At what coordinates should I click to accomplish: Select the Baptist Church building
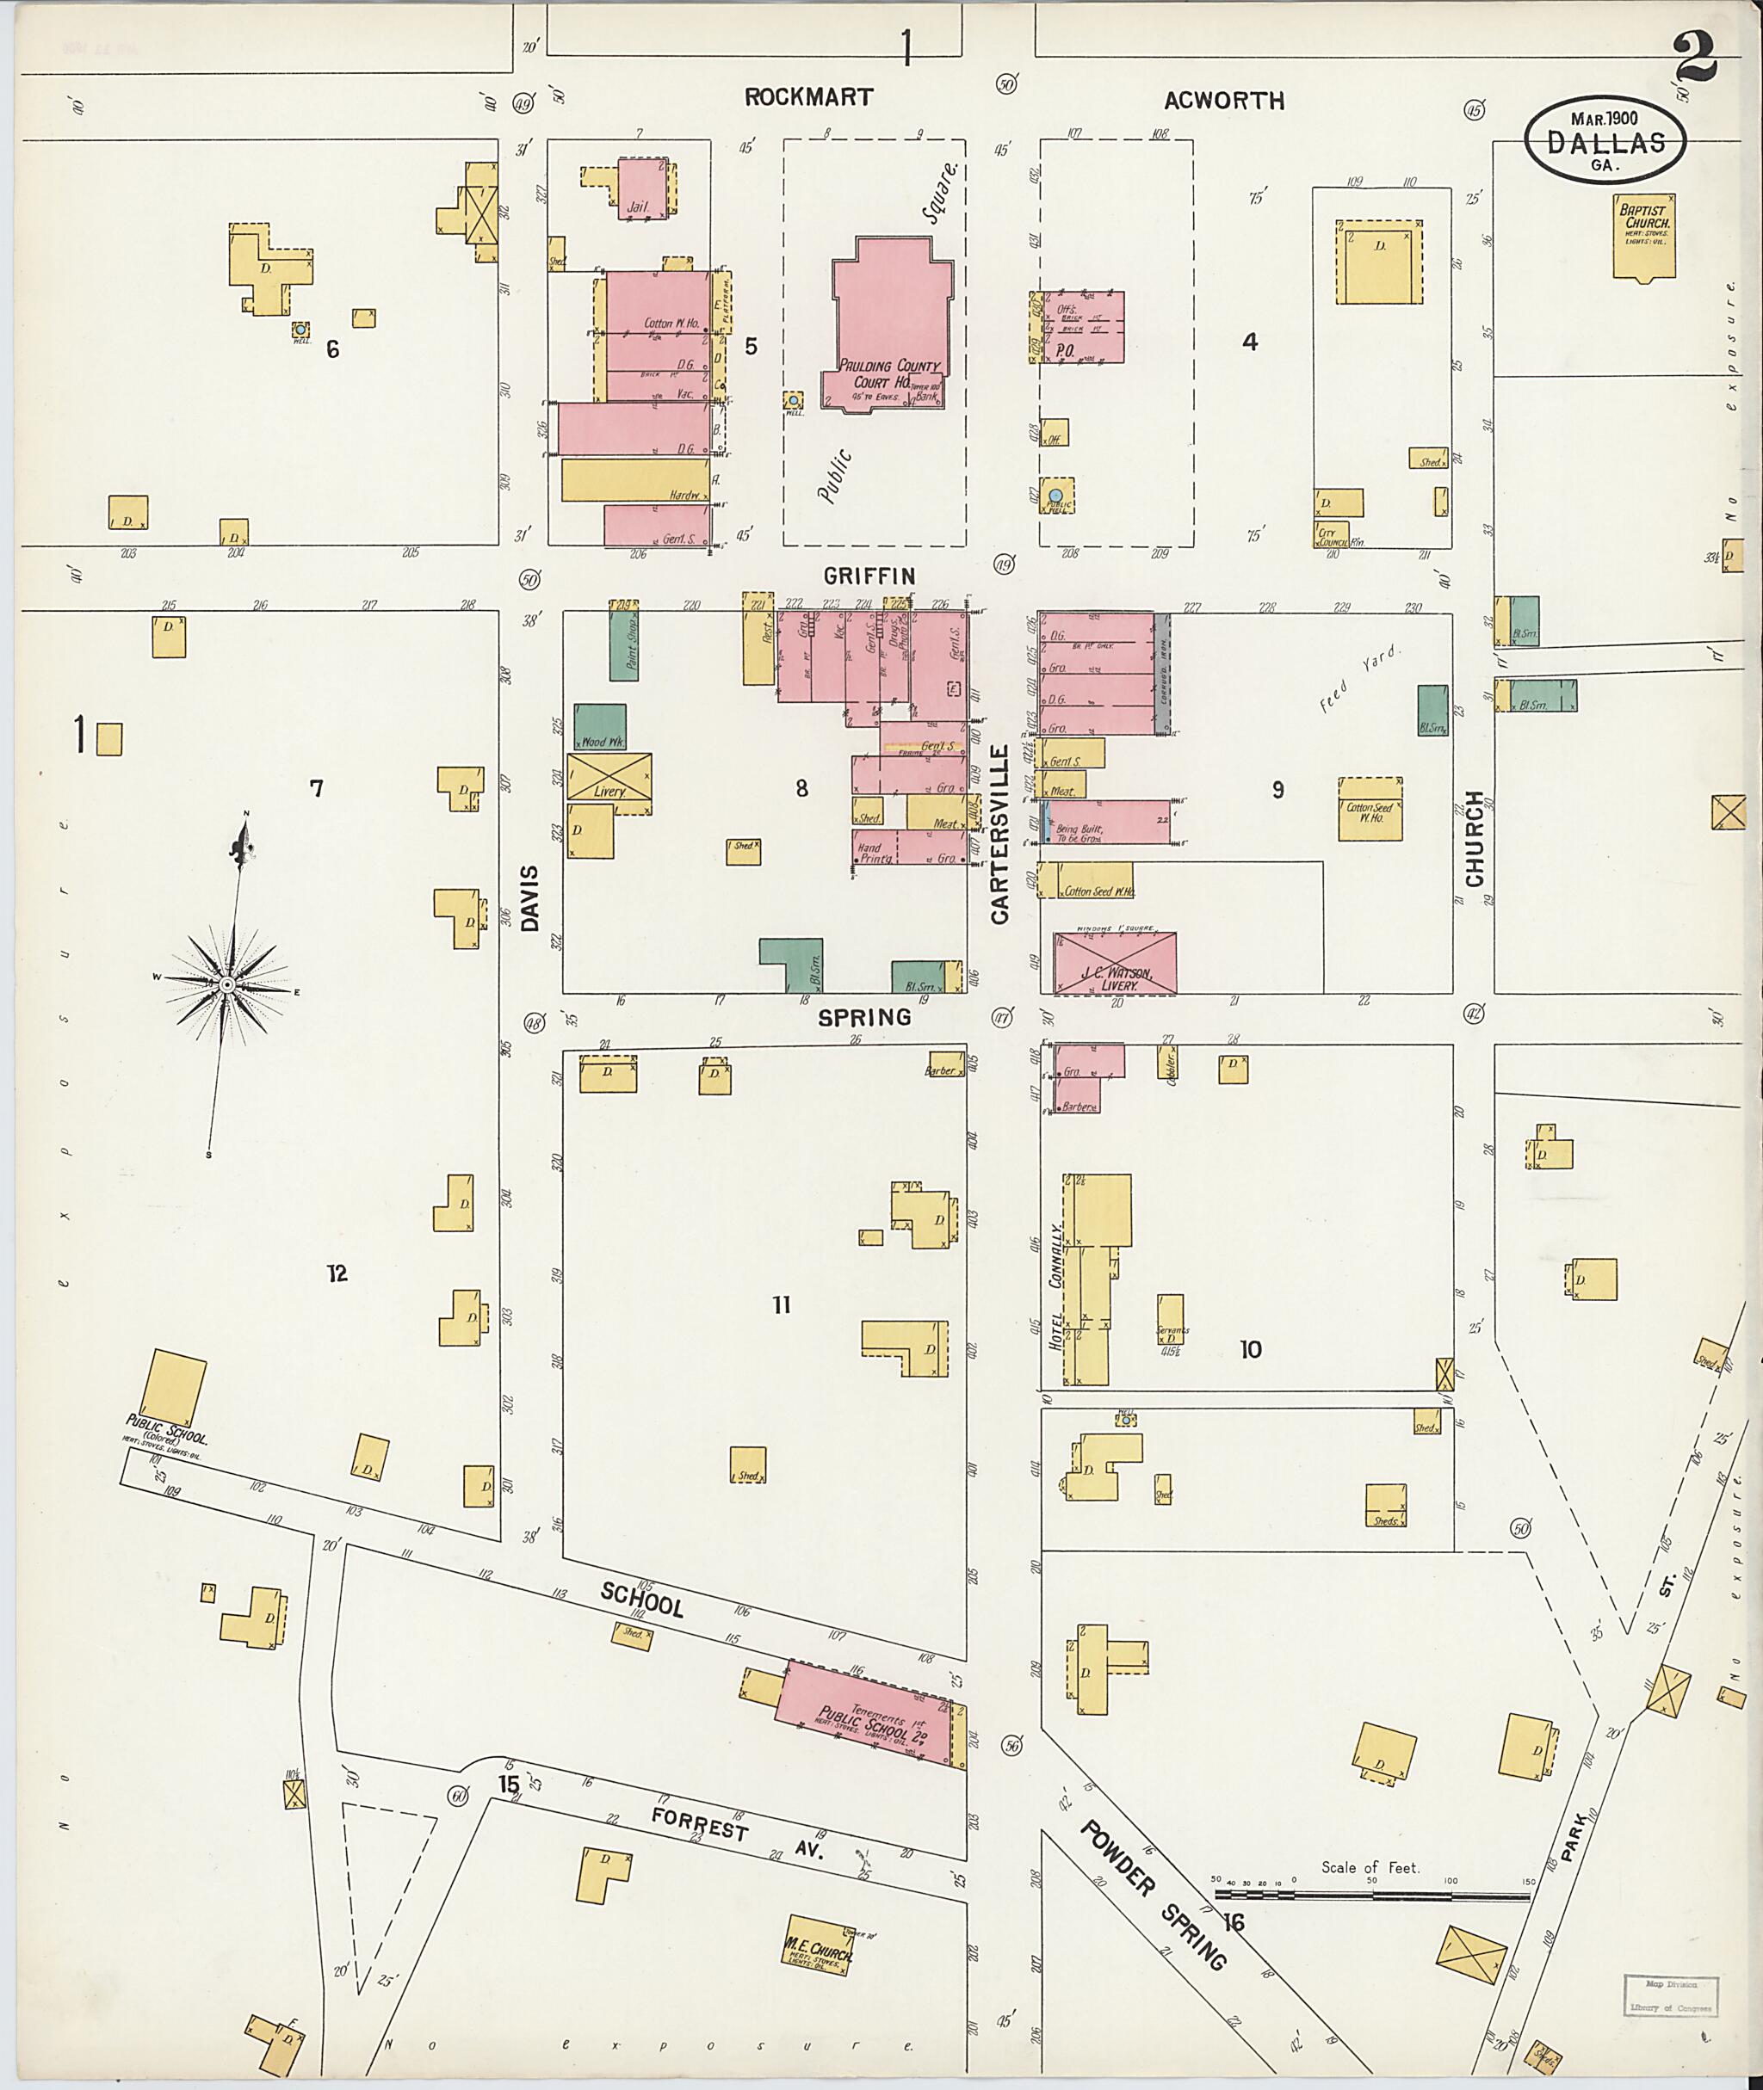click(1644, 236)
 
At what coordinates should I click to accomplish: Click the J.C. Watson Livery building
click(1115, 963)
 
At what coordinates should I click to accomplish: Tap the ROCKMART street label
click(808, 97)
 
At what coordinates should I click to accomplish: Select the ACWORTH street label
click(1223, 100)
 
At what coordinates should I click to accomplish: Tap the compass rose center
click(227, 985)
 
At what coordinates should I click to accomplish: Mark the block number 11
click(781, 1304)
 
